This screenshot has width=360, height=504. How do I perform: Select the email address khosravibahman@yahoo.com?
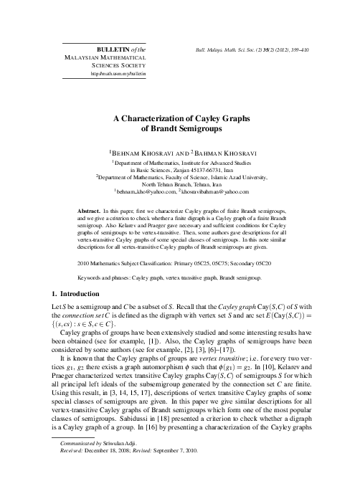tap(215, 192)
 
